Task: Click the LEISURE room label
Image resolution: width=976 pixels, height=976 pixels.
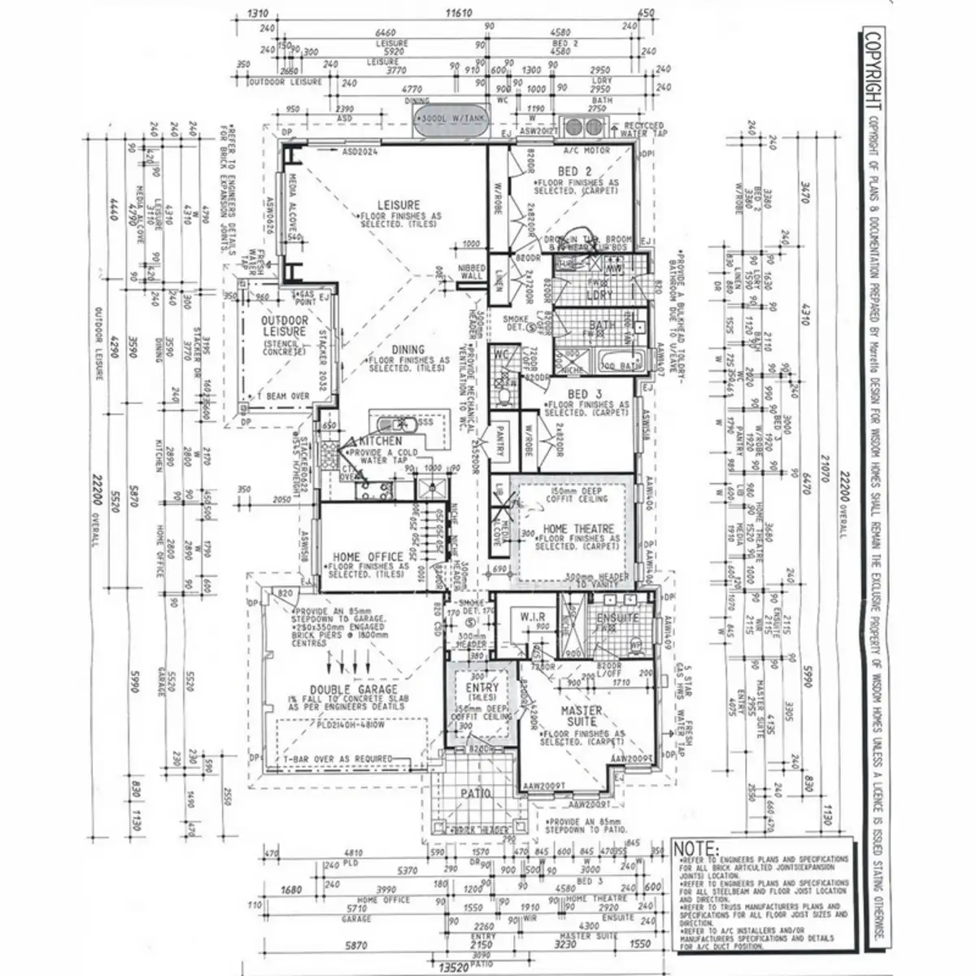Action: [399, 204]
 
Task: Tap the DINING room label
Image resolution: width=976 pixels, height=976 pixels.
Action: [408, 350]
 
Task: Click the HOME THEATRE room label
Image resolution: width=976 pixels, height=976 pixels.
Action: [579, 529]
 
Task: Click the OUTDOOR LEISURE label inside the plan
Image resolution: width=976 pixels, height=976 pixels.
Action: [284, 326]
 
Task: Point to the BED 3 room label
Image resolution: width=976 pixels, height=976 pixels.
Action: [578, 394]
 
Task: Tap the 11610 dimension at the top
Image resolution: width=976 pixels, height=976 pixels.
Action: [460, 14]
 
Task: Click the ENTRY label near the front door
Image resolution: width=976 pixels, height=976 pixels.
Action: [482, 688]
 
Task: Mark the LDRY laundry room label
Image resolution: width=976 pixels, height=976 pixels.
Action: [600, 294]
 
